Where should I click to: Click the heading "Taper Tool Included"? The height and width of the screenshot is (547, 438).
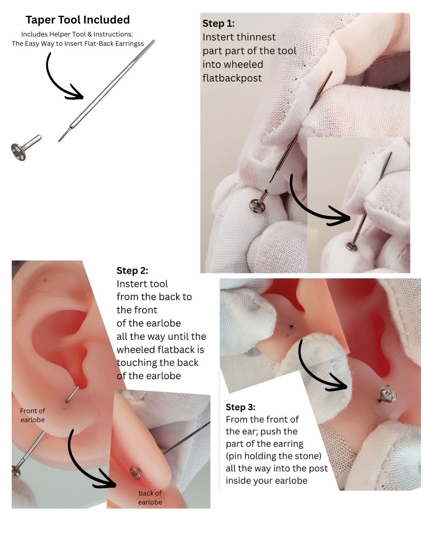coord(77,20)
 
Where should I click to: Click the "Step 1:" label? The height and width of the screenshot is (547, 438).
coord(218,24)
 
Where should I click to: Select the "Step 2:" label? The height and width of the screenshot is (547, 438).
coord(132,270)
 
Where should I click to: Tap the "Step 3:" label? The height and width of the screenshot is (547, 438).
coord(240,407)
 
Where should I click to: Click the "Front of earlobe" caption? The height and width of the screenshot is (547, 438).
coord(32,415)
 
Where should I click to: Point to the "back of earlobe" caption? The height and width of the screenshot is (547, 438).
coord(150,498)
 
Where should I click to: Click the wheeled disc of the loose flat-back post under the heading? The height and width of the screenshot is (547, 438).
coord(18,152)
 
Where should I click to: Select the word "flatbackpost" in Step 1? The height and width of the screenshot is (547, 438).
coord(232,78)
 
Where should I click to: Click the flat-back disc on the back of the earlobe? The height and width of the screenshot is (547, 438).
coord(135,473)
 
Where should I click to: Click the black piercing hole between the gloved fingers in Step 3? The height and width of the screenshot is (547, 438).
coord(292,326)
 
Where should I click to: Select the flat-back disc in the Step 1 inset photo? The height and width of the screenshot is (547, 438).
coord(352,246)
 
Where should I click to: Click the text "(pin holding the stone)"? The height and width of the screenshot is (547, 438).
coord(274,456)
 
